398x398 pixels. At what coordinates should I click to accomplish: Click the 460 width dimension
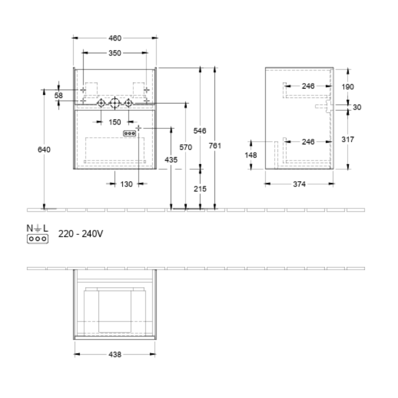[x=115, y=38]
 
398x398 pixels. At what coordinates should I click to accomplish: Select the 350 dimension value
[x=115, y=53]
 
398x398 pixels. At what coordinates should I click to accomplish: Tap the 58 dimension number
[x=58, y=96]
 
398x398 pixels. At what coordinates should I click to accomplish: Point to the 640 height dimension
[x=44, y=150]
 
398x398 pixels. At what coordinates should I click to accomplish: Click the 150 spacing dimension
[x=115, y=122]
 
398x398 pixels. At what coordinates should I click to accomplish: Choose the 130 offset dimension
[x=126, y=184]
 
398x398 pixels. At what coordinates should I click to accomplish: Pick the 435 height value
[x=171, y=160]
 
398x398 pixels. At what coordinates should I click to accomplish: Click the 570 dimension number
[x=186, y=147]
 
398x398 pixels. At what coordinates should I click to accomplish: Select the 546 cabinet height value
[x=200, y=131]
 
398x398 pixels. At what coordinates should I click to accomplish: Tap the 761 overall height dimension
[x=215, y=146]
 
